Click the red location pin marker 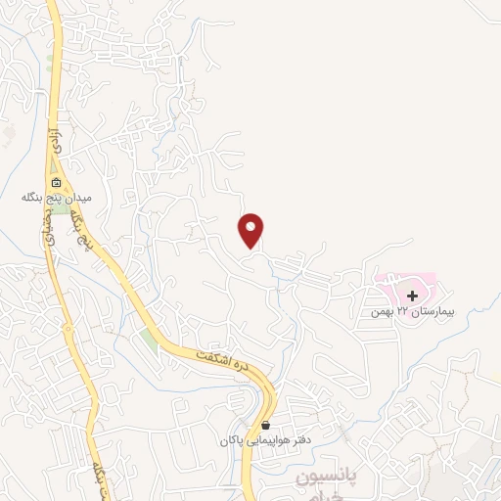tap(252, 231)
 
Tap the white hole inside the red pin tap(252, 227)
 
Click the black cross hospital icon tap(413, 295)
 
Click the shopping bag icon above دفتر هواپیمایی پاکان tap(266, 426)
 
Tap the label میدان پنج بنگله tap(57, 198)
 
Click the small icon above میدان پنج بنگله tap(57, 183)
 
